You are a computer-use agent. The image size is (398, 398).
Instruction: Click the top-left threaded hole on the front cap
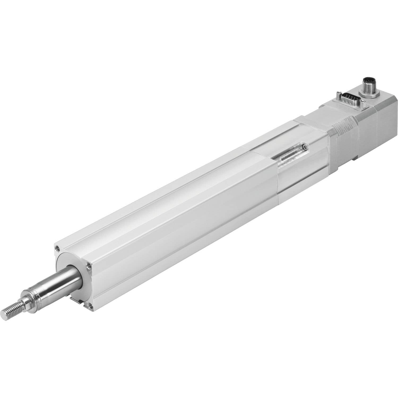tap(57, 248)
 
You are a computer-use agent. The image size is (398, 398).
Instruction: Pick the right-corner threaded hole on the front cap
tap(88, 266)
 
